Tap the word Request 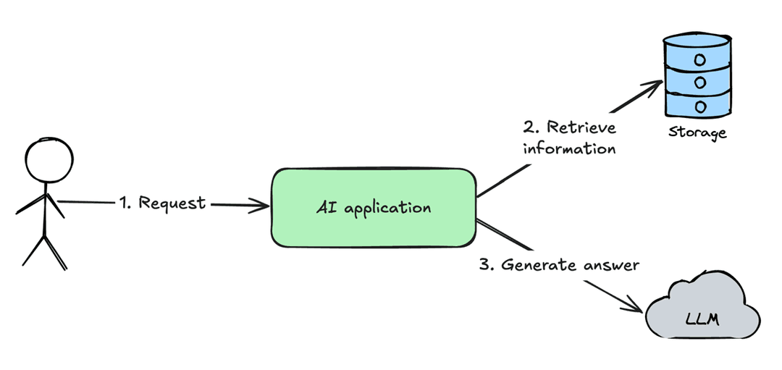(x=172, y=203)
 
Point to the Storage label (x=697, y=133)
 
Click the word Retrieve (x=581, y=127)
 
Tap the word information (x=569, y=149)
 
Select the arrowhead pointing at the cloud (x=636, y=306)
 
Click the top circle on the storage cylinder (x=700, y=58)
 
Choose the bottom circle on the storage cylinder (x=700, y=105)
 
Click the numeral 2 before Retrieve (x=529, y=128)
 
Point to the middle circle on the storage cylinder (x=700, y=82)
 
